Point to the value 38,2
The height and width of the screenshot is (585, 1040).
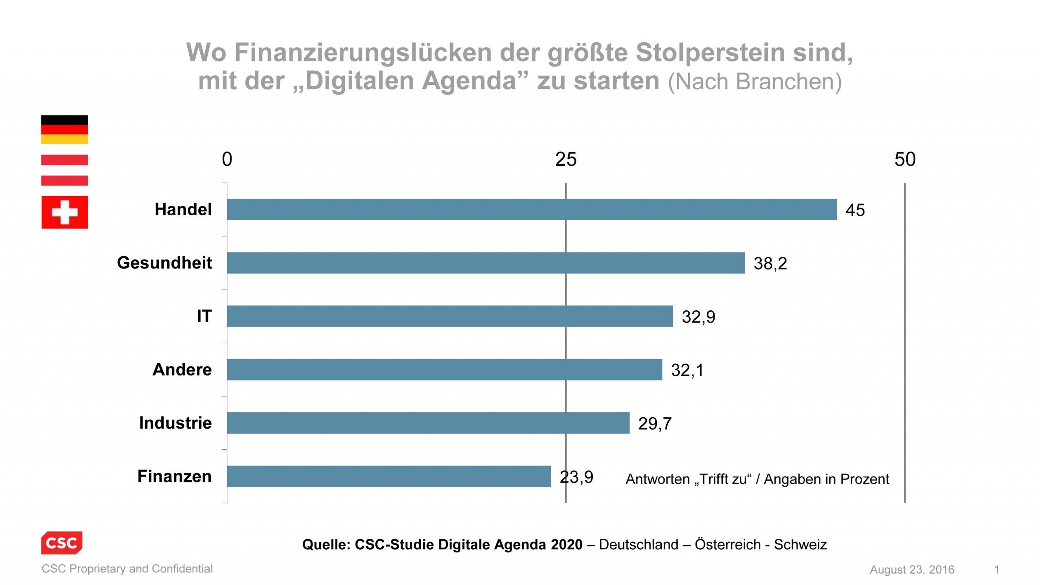coord(770,264)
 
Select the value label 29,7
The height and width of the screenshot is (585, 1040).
coord(654,424)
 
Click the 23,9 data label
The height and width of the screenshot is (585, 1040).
coord(576,477)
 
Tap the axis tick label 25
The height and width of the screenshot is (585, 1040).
coord(565,159)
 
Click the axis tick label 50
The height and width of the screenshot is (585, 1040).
coord(905,159)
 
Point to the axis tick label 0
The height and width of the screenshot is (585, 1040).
coord(227,159)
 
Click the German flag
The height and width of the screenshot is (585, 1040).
coord(64,130)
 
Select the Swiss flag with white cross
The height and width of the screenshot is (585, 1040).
coord(65,212)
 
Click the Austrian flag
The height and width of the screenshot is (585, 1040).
coord(64,170)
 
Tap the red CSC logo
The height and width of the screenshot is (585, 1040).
coord(61,543)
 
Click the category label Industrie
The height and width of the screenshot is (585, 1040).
coord(175,423)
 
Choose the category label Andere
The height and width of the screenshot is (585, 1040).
coord(182,370)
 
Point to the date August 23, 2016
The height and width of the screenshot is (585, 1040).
coord(912,570)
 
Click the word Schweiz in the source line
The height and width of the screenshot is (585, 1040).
coord(800,544)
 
